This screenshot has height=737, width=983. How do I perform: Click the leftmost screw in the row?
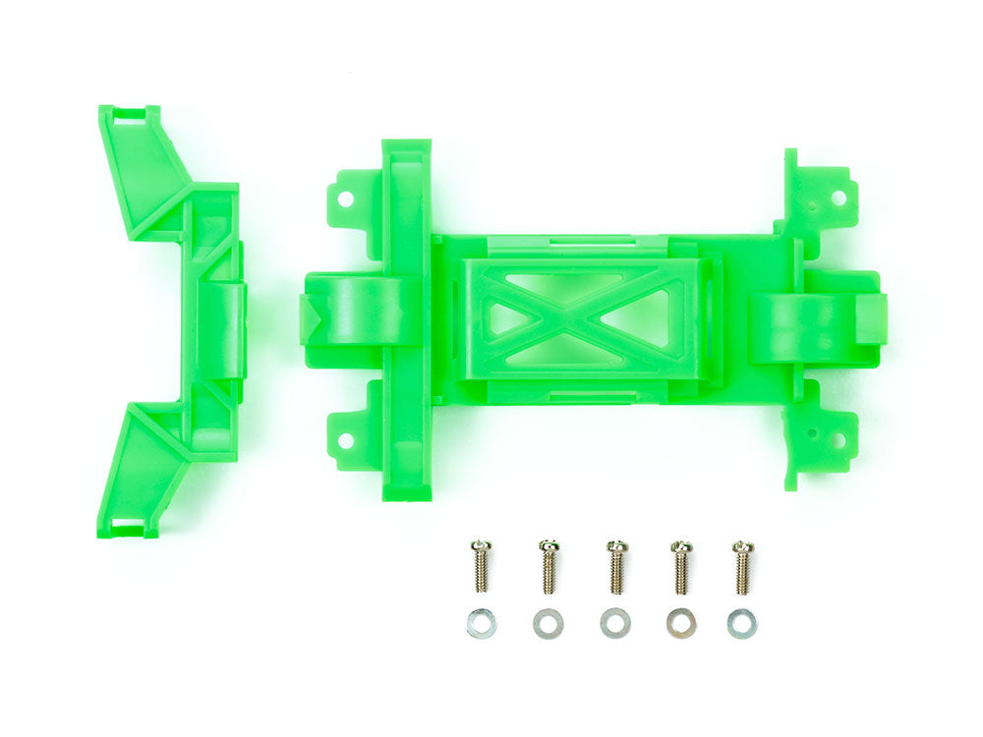(481, 567)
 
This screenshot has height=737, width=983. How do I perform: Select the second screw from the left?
(549, 568)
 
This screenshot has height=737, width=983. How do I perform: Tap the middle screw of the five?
(615, 568)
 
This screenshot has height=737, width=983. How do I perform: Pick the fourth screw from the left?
(680, 568)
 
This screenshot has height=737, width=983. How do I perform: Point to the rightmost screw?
(743, 567)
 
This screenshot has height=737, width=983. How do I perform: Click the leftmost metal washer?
(481, 623)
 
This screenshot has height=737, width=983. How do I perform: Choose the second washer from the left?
(549, 623)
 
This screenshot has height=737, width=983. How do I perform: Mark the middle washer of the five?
(615, 623)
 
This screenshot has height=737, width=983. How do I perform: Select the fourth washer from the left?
(680, 623)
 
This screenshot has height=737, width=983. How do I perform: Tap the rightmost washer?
(743, 622)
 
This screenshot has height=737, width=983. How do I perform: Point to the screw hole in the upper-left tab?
(346, 197)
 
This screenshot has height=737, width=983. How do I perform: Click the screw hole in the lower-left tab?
(346, 440)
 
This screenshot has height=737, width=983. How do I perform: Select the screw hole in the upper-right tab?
(838, 197)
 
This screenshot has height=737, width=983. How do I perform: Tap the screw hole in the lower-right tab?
(838, 441)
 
